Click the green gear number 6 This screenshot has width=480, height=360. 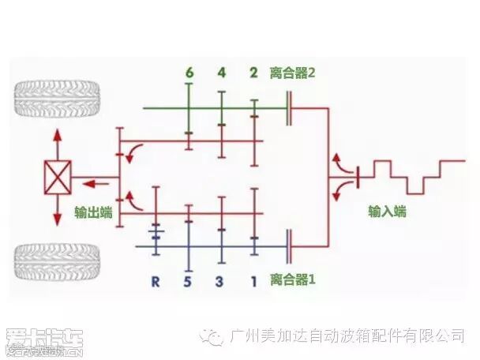click(189, 73)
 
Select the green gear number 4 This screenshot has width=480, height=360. click(223, 73)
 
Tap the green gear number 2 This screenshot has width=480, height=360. click(254, 73)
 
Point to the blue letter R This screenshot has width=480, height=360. click(156, 280)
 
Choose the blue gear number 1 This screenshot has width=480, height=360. click(254, 280)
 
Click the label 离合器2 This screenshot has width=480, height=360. click(292, 73)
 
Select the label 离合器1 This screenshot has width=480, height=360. click(292, 279)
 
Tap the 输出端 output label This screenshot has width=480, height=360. click(92, 212)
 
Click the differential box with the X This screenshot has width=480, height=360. click(58, 177)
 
